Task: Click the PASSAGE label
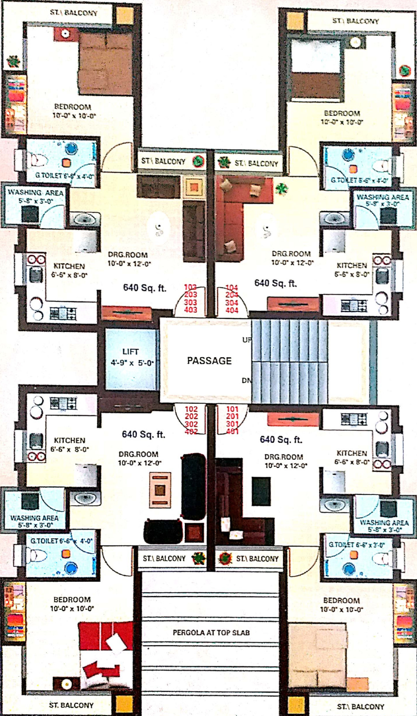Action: tap(209, 361)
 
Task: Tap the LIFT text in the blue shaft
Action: tap(130, 352)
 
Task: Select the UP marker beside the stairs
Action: tap(247, 340)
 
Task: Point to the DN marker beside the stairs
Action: tap(246, 381)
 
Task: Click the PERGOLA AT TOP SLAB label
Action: tap(211, 633)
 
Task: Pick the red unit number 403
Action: tap(190, 310)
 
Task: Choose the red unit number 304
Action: tap(231, 303)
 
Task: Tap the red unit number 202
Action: tap(191, 416)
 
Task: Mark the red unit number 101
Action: tap(232, 409)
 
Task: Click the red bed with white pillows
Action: tap(106, 654)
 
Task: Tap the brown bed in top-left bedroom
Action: tap(105, 64)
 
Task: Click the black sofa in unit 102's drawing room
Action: tap(193, 485)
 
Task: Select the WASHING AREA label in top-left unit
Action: tap(35, 193)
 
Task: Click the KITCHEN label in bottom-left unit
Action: tap(69, 440)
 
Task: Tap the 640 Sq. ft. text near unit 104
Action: tap(276, 284)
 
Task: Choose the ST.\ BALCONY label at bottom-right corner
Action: tap(360, 707)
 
